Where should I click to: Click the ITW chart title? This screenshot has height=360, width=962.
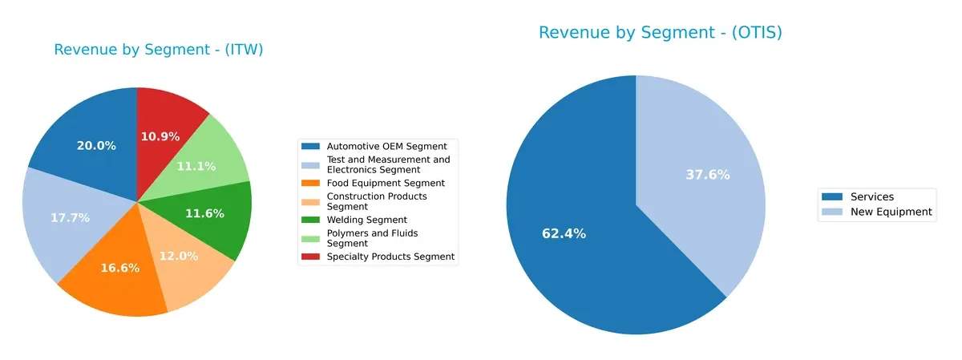(x=159, y=50)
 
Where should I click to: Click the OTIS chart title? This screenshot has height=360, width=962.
(x=660, y=33)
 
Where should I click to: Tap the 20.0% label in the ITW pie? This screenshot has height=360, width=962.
(x=96, y=146)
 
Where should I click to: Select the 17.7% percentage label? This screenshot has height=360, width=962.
(x=70, y=217)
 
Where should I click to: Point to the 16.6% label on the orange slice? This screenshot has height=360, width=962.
(x=120, y=268)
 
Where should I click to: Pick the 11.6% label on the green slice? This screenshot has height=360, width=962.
(x=204, y=214)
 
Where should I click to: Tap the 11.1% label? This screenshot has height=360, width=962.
(x=196, y=166)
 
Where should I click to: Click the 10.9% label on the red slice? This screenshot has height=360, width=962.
(x=160, y=136)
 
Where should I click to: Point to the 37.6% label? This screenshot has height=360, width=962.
(x=708, y=175)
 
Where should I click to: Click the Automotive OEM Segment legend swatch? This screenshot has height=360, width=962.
(x=310, y=146)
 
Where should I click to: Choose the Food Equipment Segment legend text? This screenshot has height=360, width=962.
(x=374, y=183)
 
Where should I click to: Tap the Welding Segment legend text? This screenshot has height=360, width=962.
(x=366, y=220)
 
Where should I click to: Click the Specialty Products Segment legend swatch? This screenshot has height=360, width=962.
(x=310, y=257)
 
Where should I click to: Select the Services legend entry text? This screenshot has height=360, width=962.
(x=872, y=196)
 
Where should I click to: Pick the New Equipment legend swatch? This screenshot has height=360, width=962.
(x=831, y=212)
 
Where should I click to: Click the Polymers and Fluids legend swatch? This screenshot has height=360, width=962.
(x=310, y=233)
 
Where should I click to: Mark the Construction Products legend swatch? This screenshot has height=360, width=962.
(x=310, y=196)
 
